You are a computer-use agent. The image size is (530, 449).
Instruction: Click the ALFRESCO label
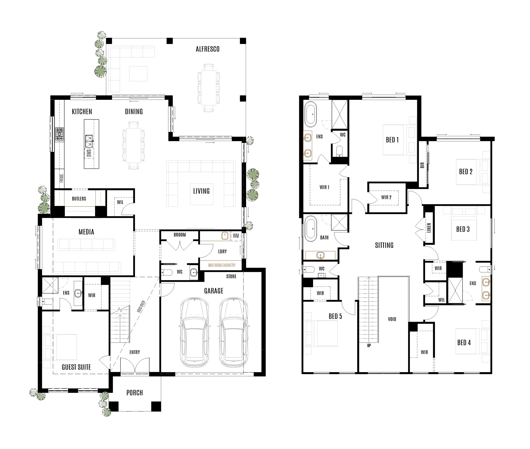click(x=207, y=49)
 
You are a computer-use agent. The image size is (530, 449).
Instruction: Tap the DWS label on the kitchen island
click(x=89, y=153)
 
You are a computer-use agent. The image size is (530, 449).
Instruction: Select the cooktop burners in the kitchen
click(x=60, y=135)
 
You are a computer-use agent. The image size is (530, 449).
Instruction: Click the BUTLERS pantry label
click(x=79, y=199)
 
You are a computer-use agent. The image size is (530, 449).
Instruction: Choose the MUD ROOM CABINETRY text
click(x=222, y=265)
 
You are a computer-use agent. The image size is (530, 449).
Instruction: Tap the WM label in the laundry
click(x=236, y=236)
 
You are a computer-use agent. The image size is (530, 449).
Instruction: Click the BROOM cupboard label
click(x=180, y=235)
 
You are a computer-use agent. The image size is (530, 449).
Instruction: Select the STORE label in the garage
click(x=231, y=276)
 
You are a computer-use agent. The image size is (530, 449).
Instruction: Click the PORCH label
click(x=134, y=393)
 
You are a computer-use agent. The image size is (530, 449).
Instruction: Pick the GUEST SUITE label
click(x=76, y=367)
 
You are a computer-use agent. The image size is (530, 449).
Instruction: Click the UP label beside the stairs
click(x=369, y=345)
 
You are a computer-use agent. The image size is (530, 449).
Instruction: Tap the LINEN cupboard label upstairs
click(x=429, y=228)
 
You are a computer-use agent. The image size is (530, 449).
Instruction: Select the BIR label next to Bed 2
click(x=422, y=165)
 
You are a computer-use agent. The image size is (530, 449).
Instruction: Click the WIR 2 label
click(x=386, y=197)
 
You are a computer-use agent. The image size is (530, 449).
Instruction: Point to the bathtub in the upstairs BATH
click(x=311, y=229)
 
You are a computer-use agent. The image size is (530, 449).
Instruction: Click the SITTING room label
click(x=384, y=245)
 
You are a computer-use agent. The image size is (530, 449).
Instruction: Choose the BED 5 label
click(x=335, y=316)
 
